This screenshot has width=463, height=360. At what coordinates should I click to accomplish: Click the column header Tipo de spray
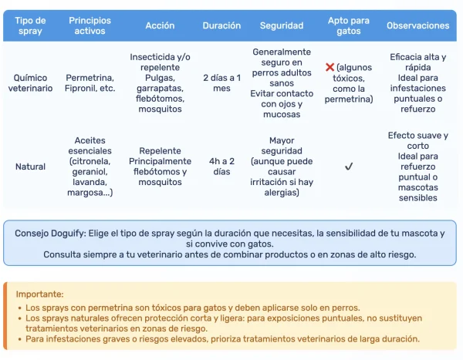pyautogui.click(x=30, y=25)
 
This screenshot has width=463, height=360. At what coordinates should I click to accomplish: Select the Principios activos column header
pyautogui.click(x=90, y=25)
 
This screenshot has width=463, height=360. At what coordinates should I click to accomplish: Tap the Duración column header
pyautogui.click(x=221, y=25)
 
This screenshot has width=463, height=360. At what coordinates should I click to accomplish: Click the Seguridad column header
pyautogui.click(x=281, y=25)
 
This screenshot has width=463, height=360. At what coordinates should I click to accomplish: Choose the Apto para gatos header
pyautogui.click(x=348, y=25)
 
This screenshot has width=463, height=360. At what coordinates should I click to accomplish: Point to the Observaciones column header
pyautogui.click(x=417, y=25)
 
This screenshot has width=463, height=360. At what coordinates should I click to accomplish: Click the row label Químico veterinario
pyautogui.click(x=30, y=83)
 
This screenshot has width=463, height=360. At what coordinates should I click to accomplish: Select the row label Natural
pyautogui.click(x=30, y=167)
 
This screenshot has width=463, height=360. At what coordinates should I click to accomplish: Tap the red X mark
pyautogui.click(x=330, y=68)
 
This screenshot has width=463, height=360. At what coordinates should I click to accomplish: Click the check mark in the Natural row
pyautogui.click(x=349, y=167)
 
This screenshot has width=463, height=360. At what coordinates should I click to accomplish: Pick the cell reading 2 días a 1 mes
pyautogui.click(x=221, y=83)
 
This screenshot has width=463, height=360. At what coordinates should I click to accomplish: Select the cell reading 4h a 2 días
pyautogui.click(x=221, y=167)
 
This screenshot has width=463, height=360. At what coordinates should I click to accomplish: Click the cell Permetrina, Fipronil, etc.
pyautogui.click(x=90, y=83)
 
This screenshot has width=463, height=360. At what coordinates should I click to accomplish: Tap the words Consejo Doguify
pyautogui.click(x=51, y=233)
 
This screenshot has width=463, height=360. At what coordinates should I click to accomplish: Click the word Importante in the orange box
pyautogui.click(x=39, y=294)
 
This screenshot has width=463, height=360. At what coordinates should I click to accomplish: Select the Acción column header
pyautogui.click(x=160, y=25)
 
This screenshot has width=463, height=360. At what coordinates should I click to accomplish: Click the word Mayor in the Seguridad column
pyautogui.click(x=282, y=140)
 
